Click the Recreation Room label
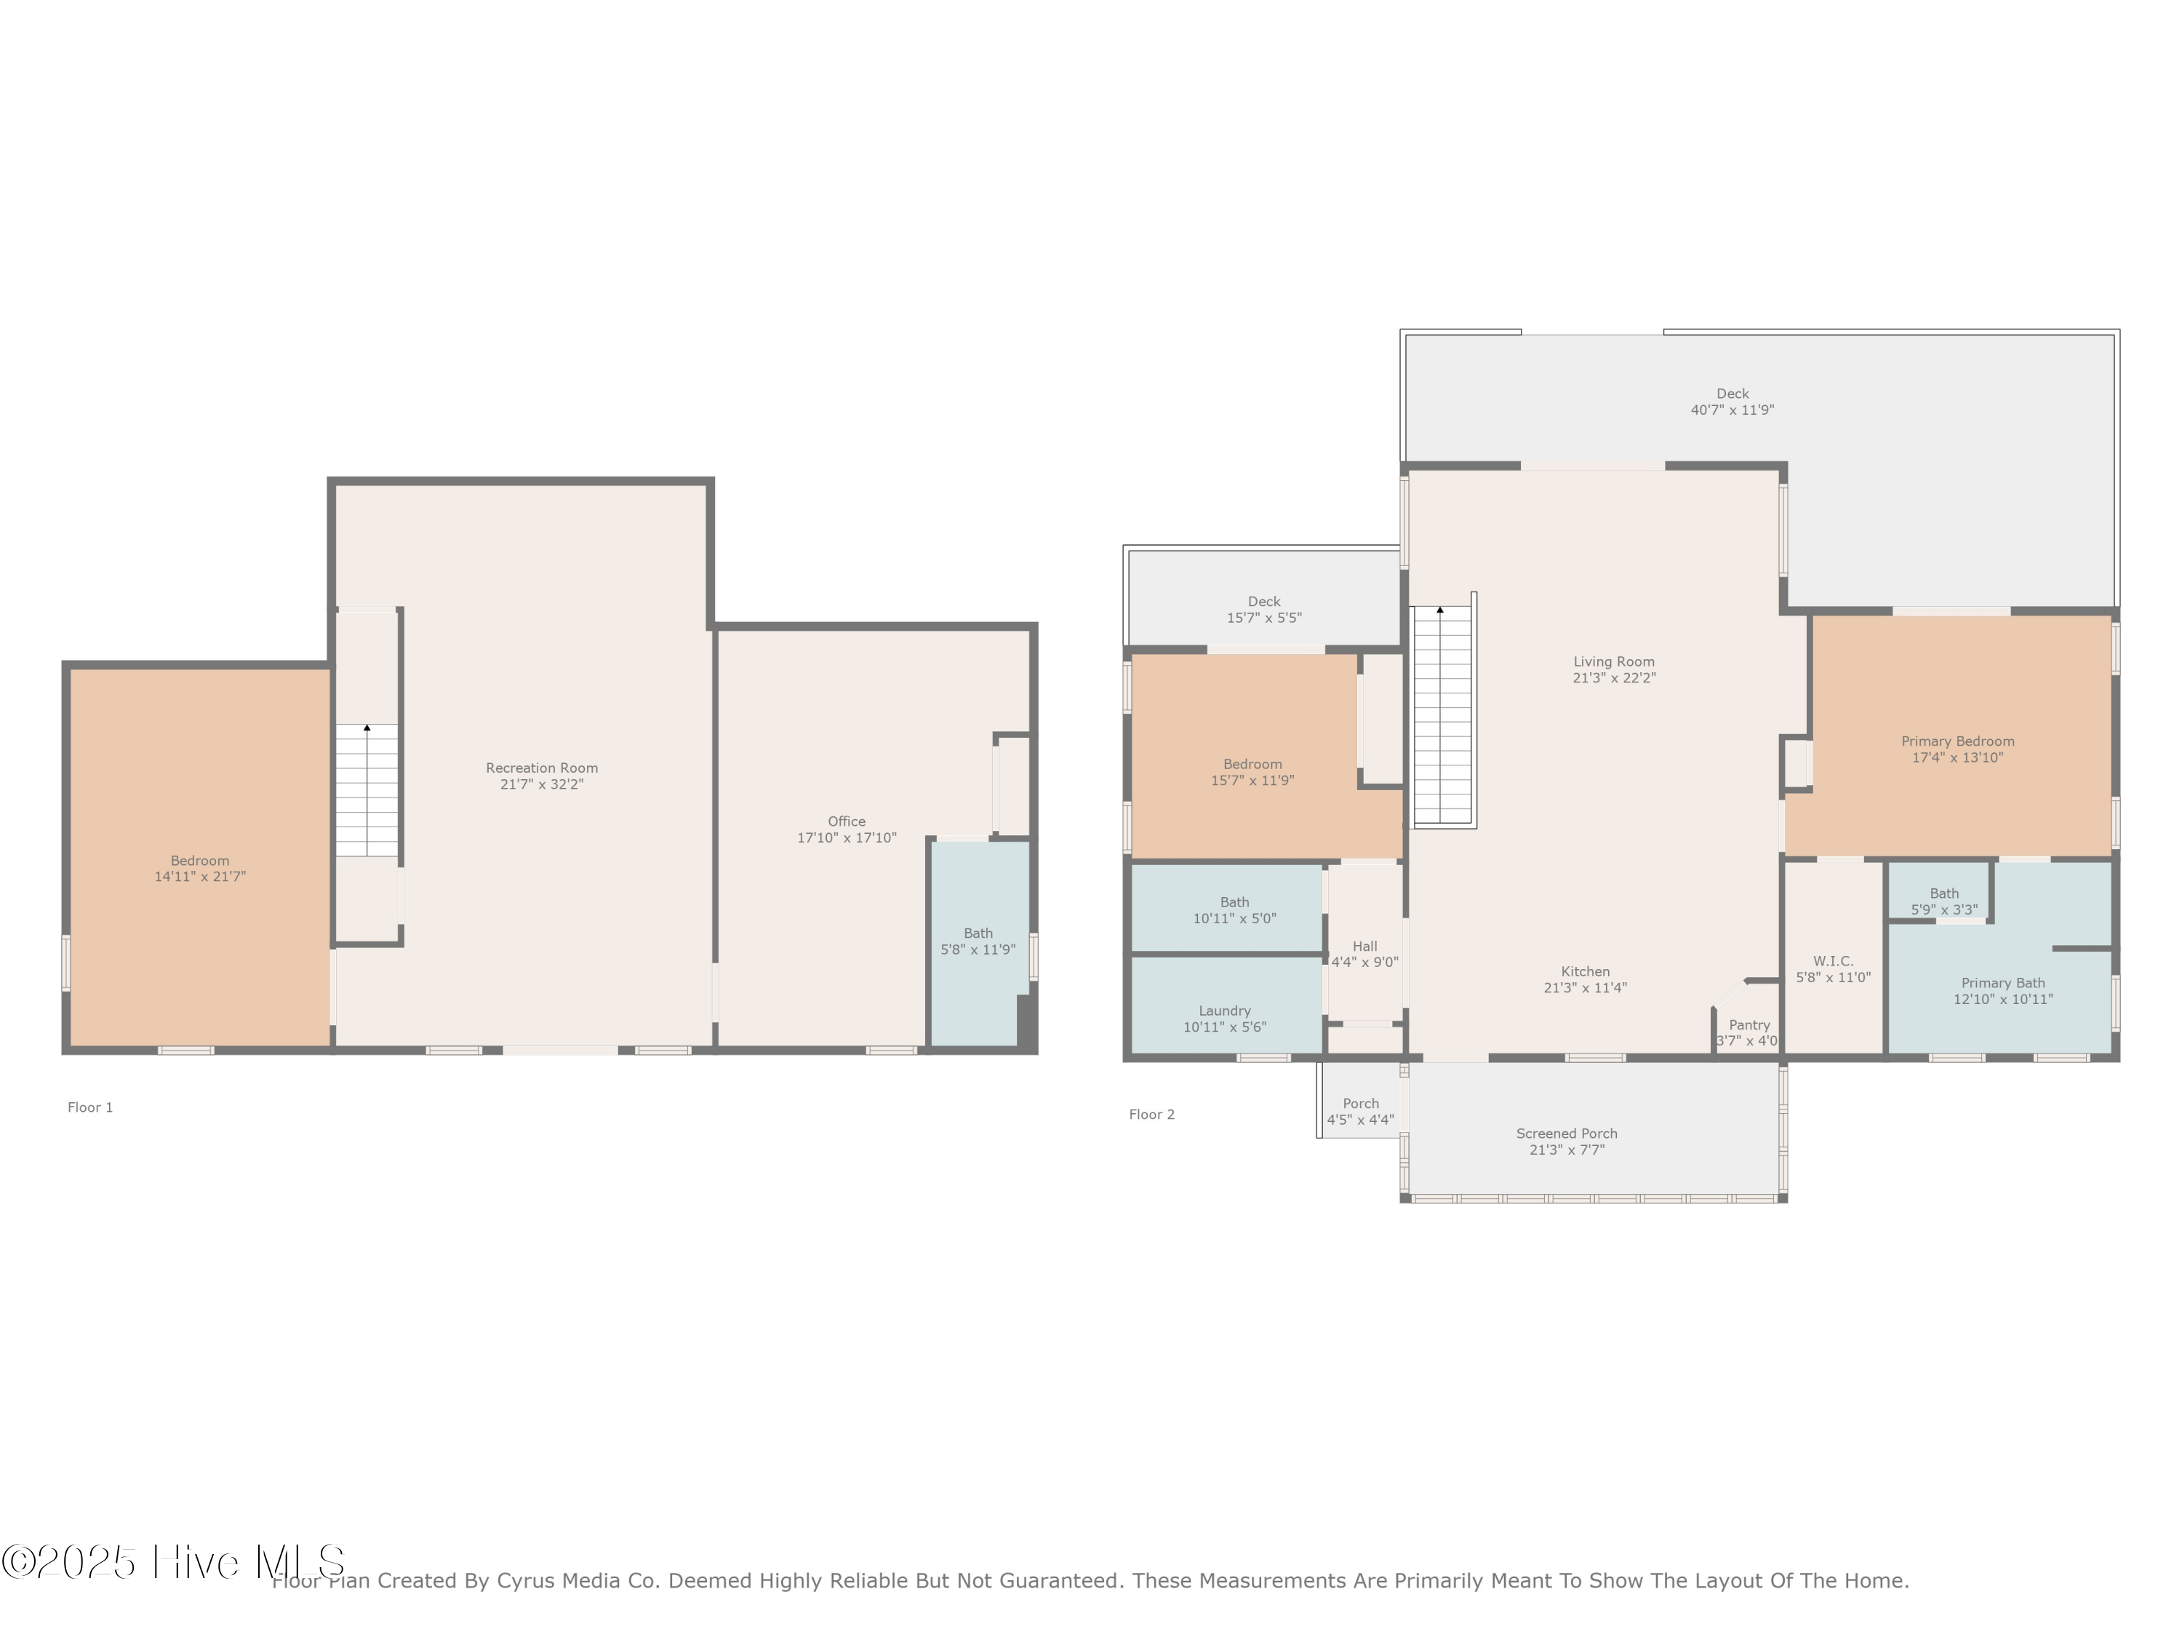(542, 768)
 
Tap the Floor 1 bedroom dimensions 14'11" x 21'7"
(199, 876)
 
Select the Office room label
(847, 821)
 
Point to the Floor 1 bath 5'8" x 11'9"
(978, 941)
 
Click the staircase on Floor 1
(367, 789)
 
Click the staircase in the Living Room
(1442, 715)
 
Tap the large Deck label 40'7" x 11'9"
(1733, 402)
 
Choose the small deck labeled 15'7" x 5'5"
(1263, 609)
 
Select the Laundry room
(1224, 1019)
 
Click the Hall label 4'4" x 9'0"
(1364, 953)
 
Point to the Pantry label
(1749, 1025)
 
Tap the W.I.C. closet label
(1833, 961)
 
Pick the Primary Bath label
(2002, 983)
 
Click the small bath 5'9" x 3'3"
(1943, 901)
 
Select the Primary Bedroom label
(1957, 741)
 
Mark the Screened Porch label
(1567, 1134)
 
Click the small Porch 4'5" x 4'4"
(1360, 1111)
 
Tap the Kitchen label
(1585, 972)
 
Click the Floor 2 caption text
(1151, 1114)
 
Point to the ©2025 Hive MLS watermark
(172, 1562)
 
